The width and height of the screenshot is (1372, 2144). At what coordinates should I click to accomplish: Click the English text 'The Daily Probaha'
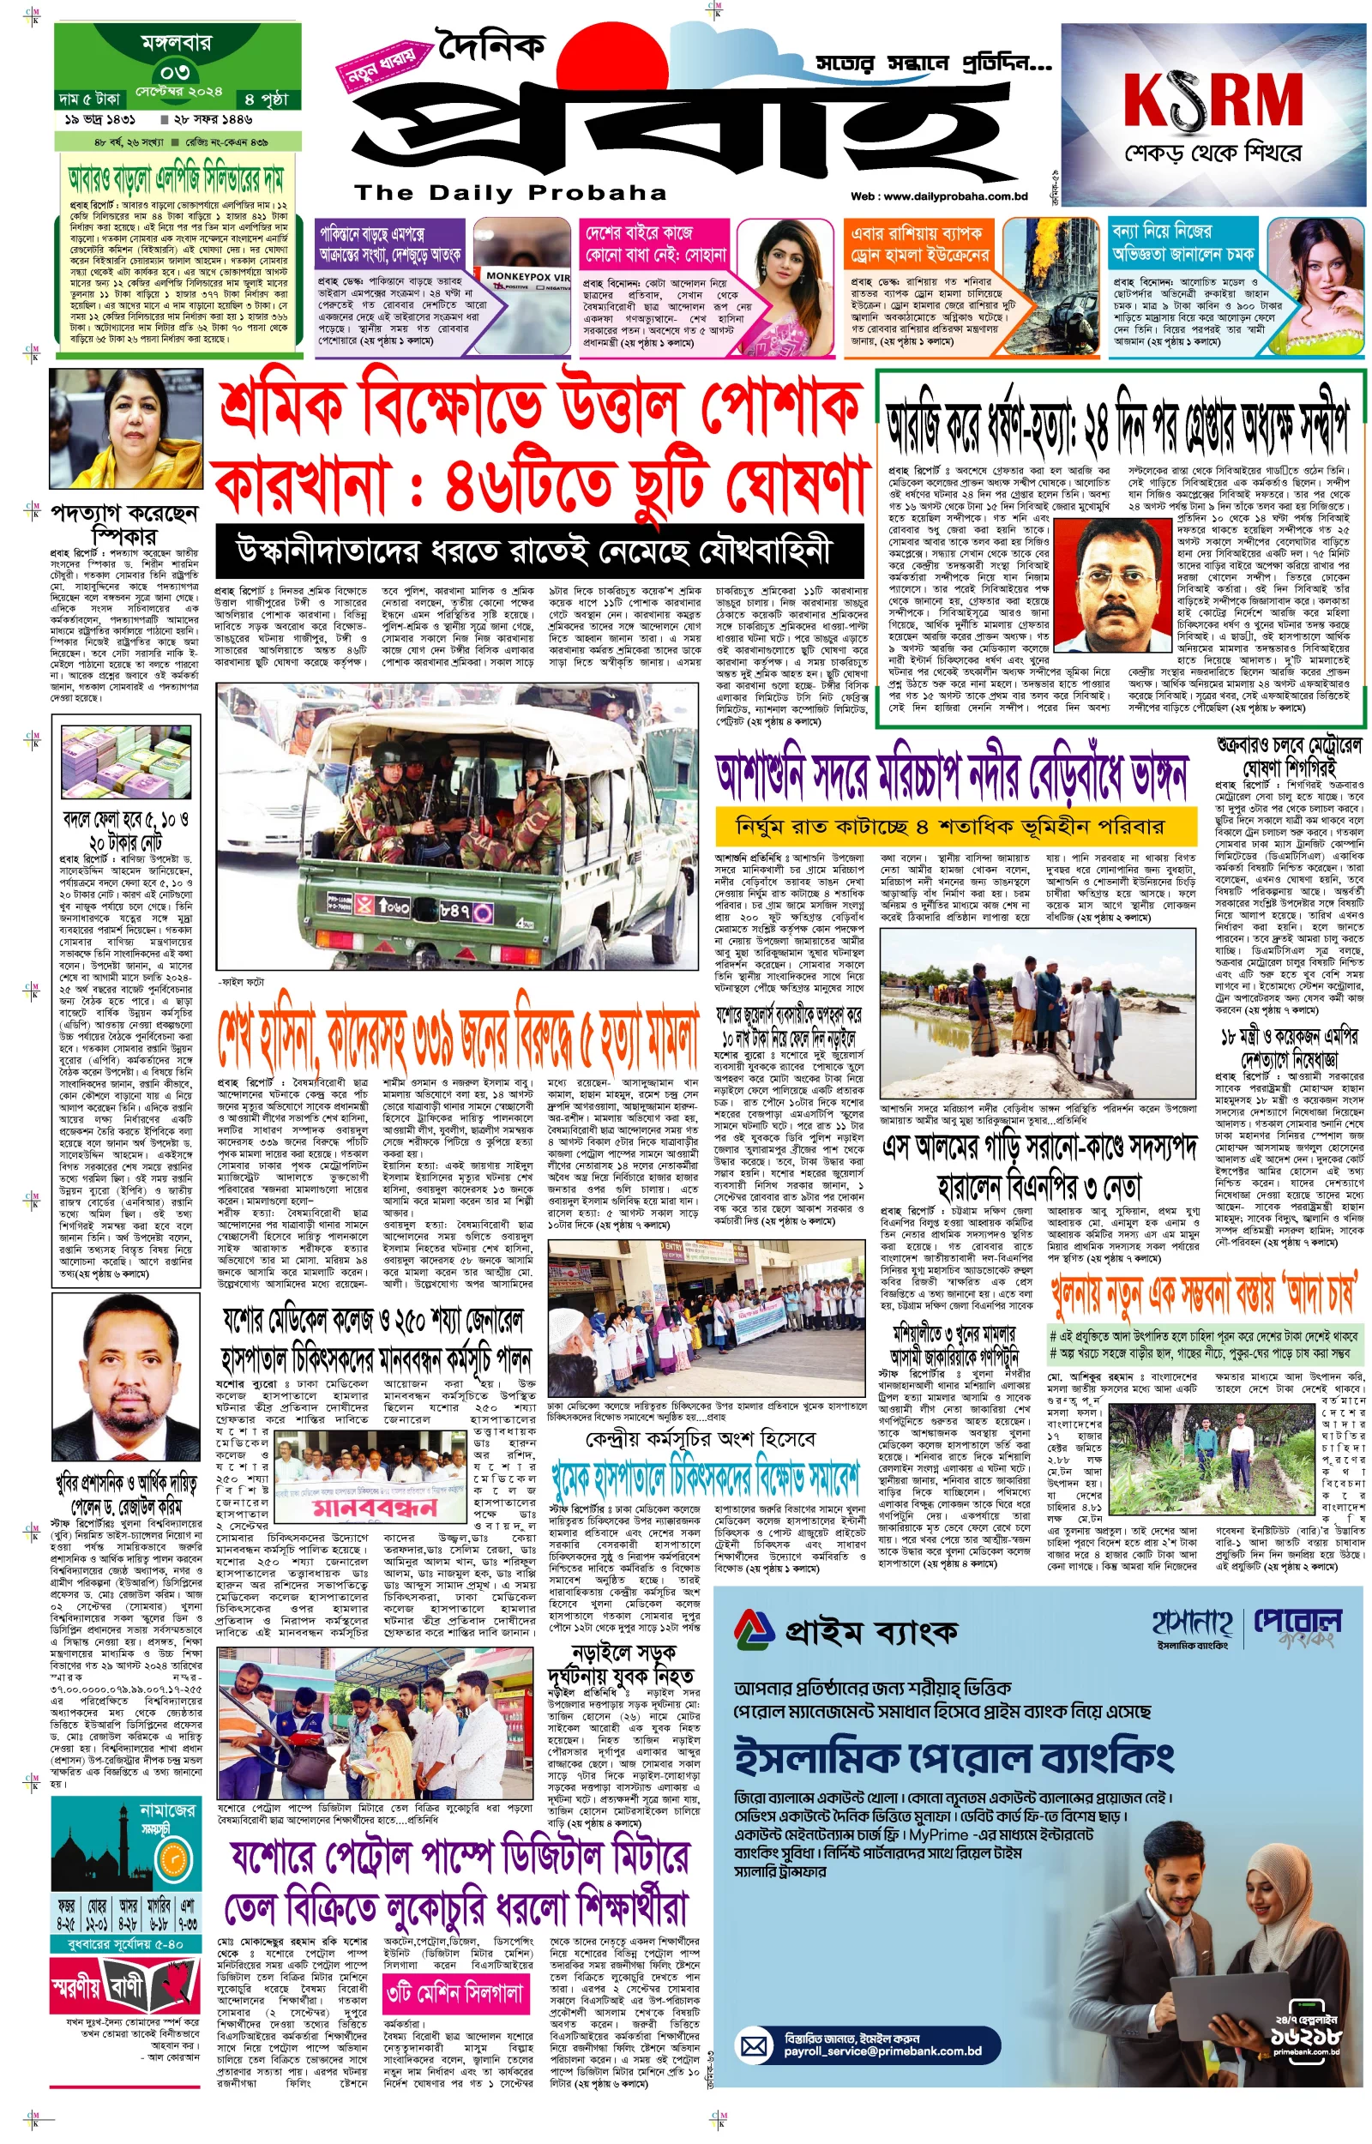coord(509,192)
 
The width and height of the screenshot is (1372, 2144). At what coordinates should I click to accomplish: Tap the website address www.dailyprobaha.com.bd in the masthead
coord(939,196)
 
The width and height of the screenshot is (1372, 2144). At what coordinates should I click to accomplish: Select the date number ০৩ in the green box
coord(176,71)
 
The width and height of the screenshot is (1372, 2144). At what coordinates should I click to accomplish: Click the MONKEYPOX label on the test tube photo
coord(527,276)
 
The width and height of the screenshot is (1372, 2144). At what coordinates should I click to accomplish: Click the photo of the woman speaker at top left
coord(127,431)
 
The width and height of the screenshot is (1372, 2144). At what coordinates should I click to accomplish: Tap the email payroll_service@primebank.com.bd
coord(882,2052)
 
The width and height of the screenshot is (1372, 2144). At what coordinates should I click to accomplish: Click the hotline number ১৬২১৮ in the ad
coord(1305,2034)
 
